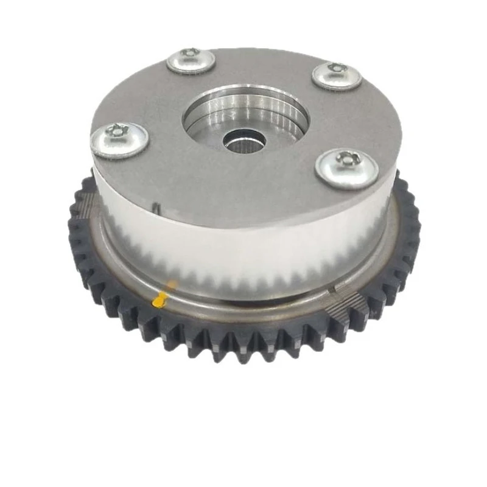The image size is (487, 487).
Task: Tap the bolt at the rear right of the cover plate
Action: [x=337, y=75]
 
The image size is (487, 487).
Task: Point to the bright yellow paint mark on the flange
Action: [x=162, y=299]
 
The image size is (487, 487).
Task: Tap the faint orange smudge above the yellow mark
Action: [x=173, y=284]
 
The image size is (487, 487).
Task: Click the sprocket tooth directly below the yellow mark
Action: [x=159, y=332]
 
